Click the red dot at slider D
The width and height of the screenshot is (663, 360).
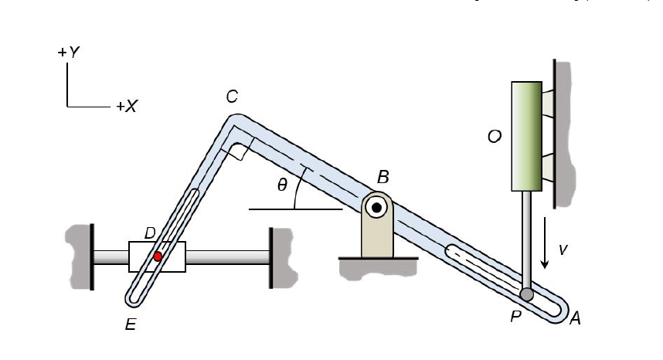[x=158, y=256]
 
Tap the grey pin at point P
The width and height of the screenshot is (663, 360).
[x=527, y=294]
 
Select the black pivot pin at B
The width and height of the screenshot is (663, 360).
[x=377, y=207]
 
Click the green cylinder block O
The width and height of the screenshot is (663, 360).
[x=526, y=136]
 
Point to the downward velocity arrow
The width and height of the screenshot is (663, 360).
[x=546, y=243]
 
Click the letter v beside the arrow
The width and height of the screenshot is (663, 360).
[x=563, y=250]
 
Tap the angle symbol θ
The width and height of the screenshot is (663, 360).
[x=282, y=185]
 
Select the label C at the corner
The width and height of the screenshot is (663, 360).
[x=231, y=97]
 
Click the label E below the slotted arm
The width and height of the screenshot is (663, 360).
[x=131, y=326]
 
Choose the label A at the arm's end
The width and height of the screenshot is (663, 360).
[x=575, y=317]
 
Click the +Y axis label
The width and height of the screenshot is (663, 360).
[x=68, y=53]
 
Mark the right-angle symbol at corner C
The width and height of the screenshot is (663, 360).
[x=239, y=150]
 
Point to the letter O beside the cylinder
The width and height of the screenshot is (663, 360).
[x=495, y=137]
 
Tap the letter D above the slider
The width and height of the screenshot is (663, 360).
[x=150, y=233]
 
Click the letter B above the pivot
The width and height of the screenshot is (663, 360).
[x=382, y=178]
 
